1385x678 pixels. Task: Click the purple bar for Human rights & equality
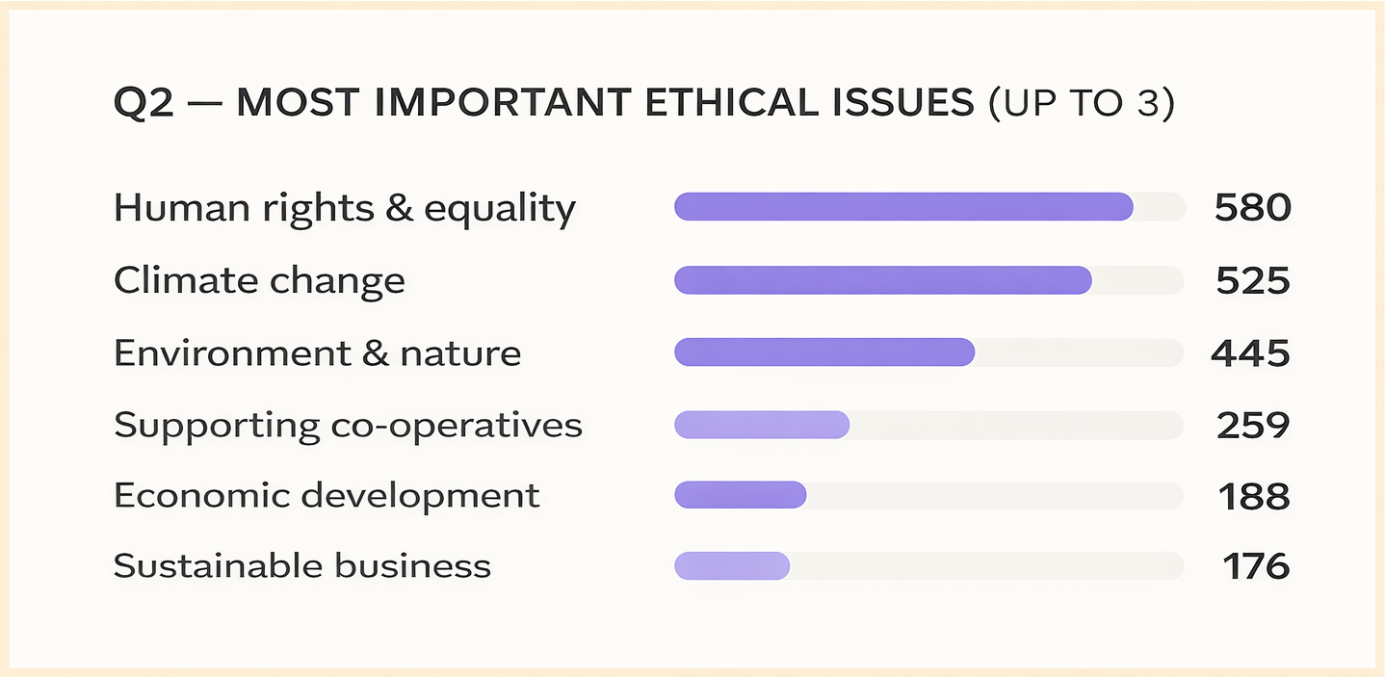click(x=903, y=207)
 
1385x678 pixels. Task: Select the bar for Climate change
click(x=882, y=280)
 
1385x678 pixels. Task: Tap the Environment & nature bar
click(x=824, y=352)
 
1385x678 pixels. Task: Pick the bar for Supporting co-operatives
click(x=762, y=425)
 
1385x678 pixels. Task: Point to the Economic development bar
click(x=740, y=495)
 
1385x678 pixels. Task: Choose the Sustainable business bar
click(x=732, y=566)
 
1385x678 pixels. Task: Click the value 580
click(x=1252, y=208)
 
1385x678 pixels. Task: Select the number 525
click(x=1252, y=281)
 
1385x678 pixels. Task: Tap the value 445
click(x=1250, y=353)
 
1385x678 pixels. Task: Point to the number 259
click(x=1252, y=426)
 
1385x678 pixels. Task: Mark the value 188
click(x=1254, y=496)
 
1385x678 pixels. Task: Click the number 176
click(x=1256, y=566)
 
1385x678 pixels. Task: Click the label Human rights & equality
click(x=344, y=208)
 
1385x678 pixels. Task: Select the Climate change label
click(x=259, y=281)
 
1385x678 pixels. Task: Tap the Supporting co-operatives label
click(x=348, y=426)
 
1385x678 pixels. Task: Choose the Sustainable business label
click(x=302, y=566)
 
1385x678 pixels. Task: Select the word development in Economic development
click(x=420, y=496)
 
